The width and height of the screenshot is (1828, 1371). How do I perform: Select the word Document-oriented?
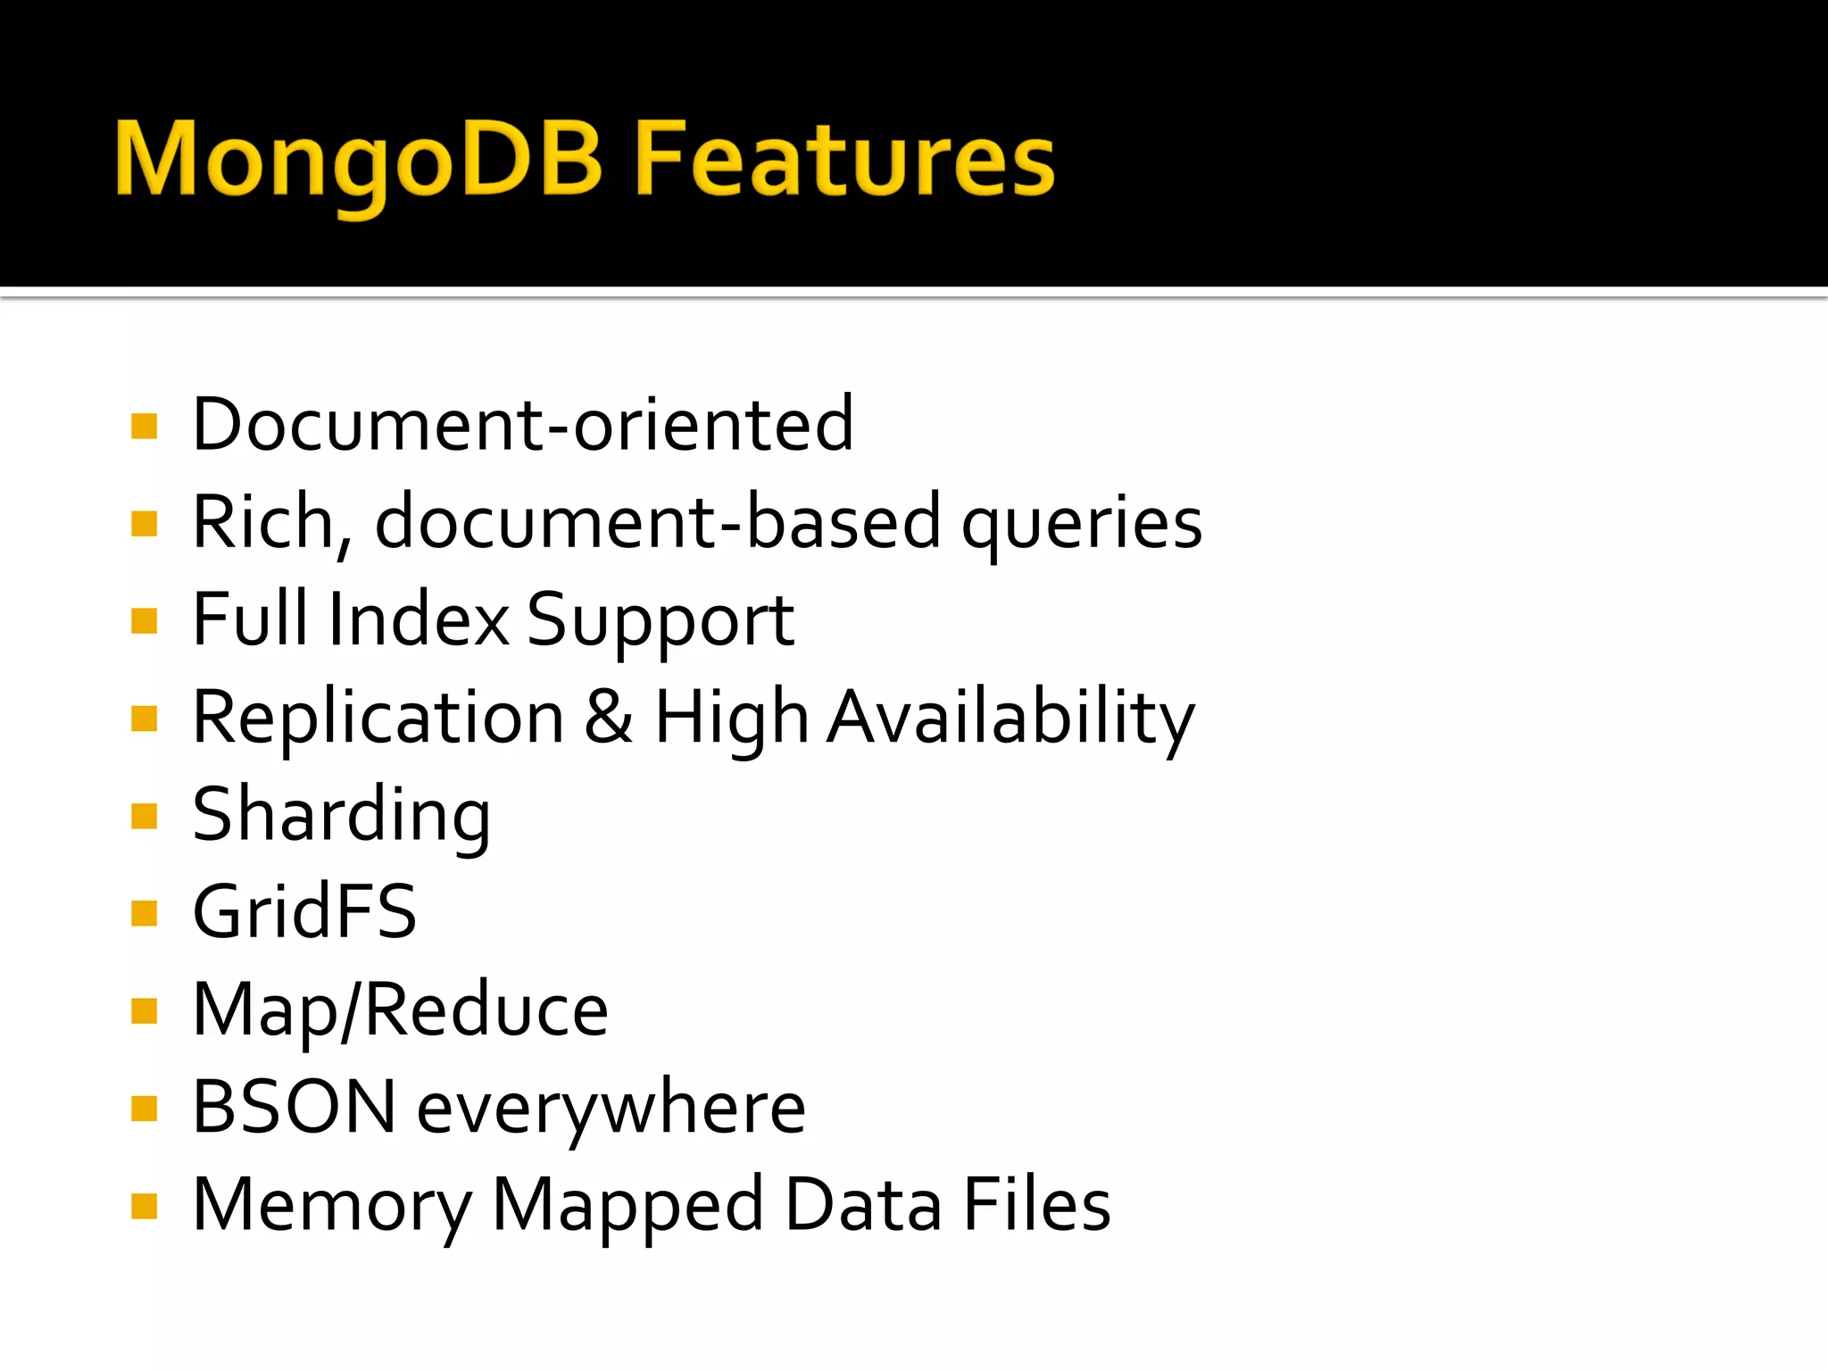click(523, 425)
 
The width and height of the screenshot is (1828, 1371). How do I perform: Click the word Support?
click(661, 623)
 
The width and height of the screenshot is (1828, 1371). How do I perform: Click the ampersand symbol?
click(609, 717)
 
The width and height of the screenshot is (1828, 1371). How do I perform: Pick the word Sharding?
click(342, 817)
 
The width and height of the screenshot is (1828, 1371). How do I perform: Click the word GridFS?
click(304, 911)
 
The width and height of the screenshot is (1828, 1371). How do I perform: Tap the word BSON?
click(295, 1108)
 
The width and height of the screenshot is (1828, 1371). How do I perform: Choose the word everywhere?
click(611, 1109)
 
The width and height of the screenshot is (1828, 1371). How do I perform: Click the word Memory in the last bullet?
click(332, 1207)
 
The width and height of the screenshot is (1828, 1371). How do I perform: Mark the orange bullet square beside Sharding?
click(144, 816)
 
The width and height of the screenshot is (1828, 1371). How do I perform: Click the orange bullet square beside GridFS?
click(144, 913)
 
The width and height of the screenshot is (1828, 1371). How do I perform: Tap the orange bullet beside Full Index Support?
click(144, 620)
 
